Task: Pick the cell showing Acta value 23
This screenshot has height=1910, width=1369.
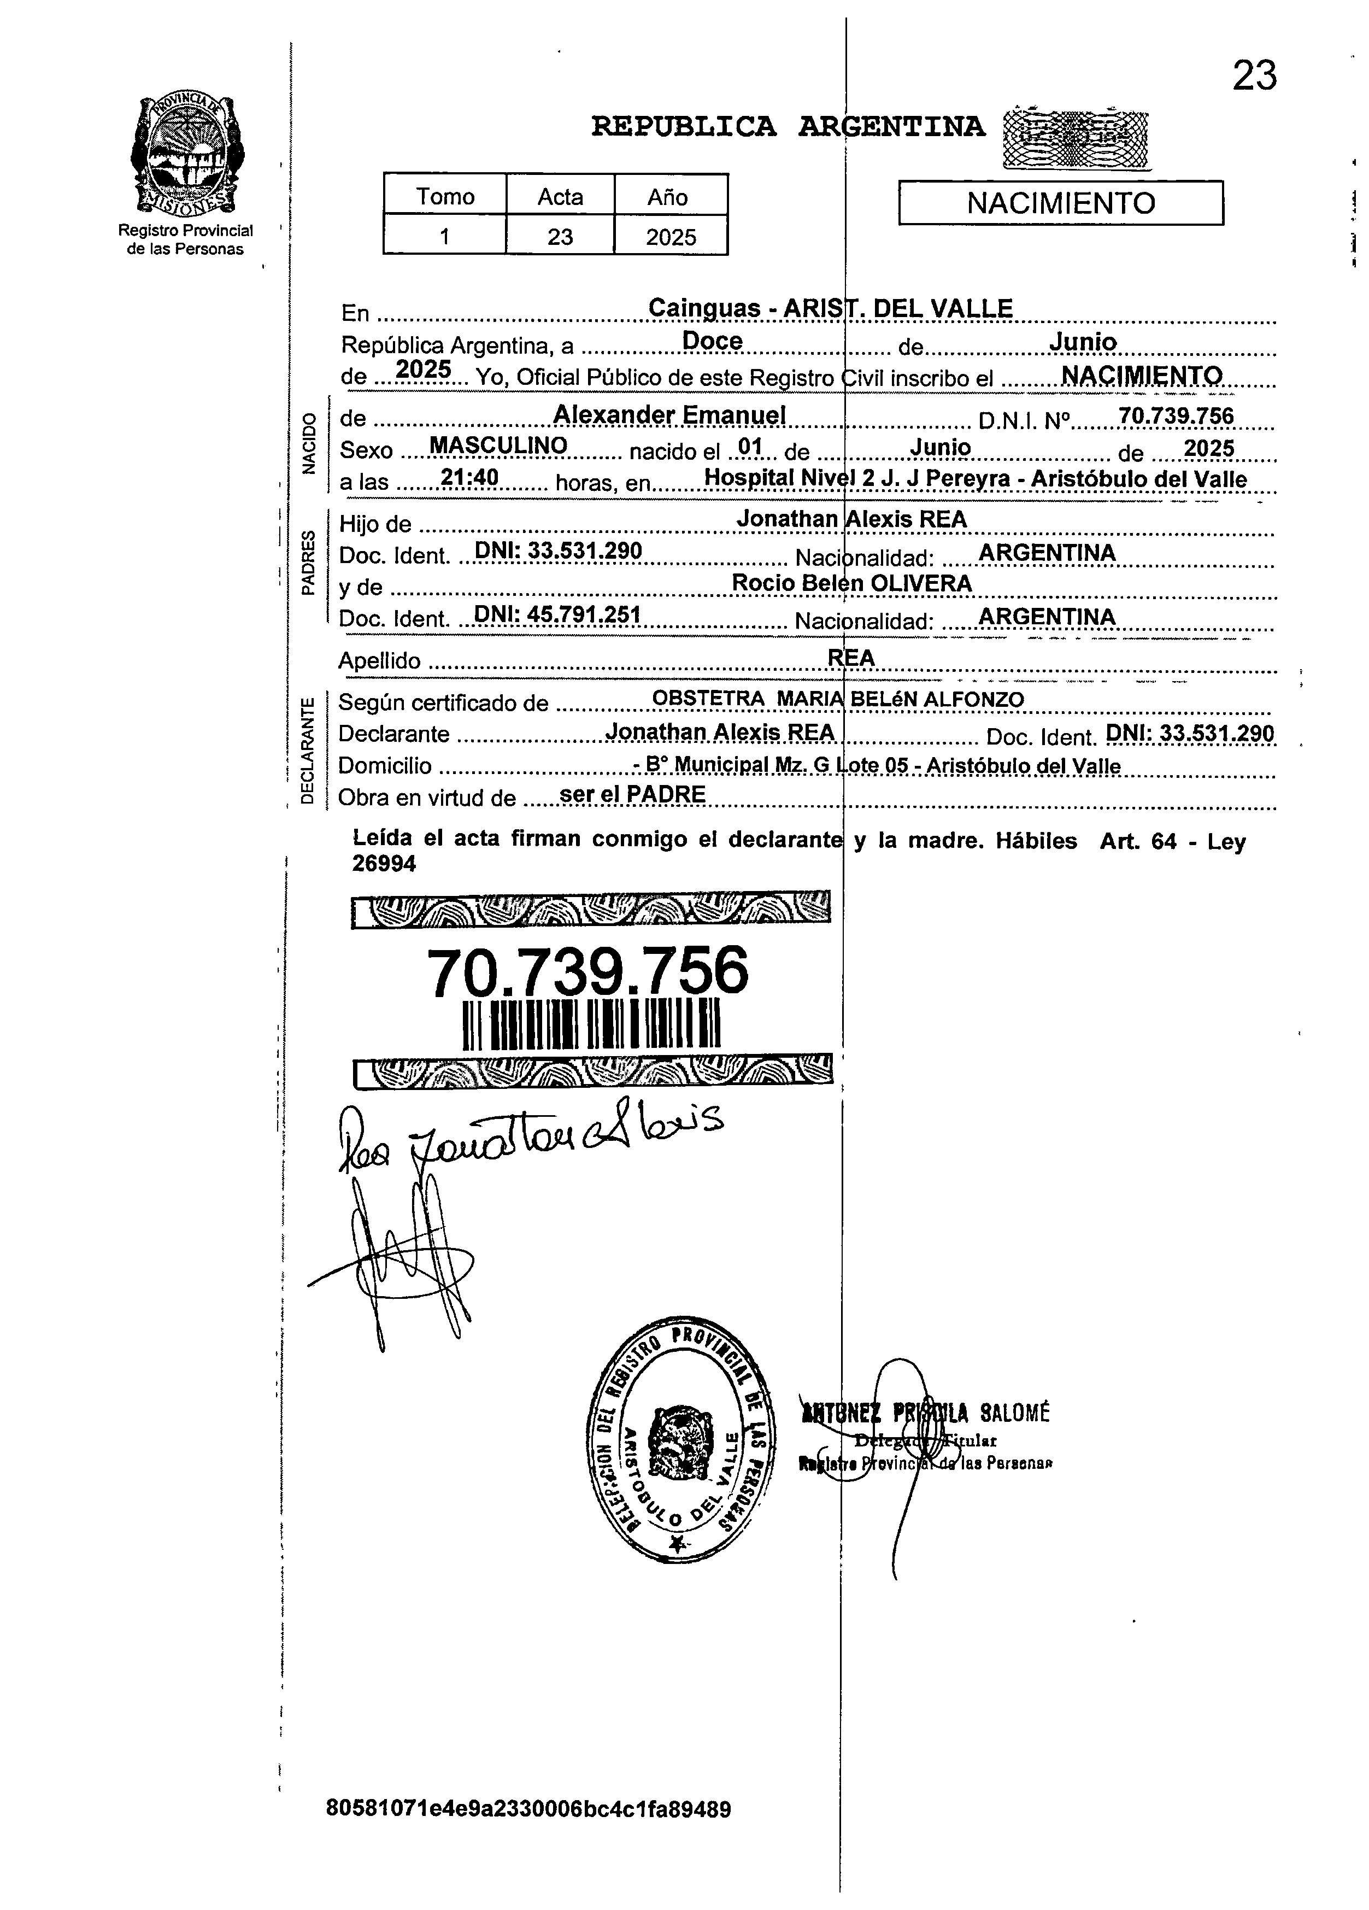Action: click(x=560, y=237)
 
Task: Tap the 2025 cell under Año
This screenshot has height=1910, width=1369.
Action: click(x=671, y=237)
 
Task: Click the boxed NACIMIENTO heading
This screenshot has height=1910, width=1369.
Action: click(x=1060, y=203)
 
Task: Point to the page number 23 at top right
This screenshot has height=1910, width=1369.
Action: click(x=1254, y=76)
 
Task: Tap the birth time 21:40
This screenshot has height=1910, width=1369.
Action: click(x=470, y=478)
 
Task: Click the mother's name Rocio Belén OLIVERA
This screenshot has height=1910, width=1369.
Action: click(x=851, y=583)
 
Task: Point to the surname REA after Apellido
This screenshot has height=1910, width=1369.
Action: click(x=851, y=658)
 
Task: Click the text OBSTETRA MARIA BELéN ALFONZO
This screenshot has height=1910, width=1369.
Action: click(x=838, y=699)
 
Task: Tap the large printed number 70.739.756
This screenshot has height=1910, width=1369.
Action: click(x=587, y=970)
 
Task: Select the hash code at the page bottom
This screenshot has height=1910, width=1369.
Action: click(x=528, y=1808)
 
